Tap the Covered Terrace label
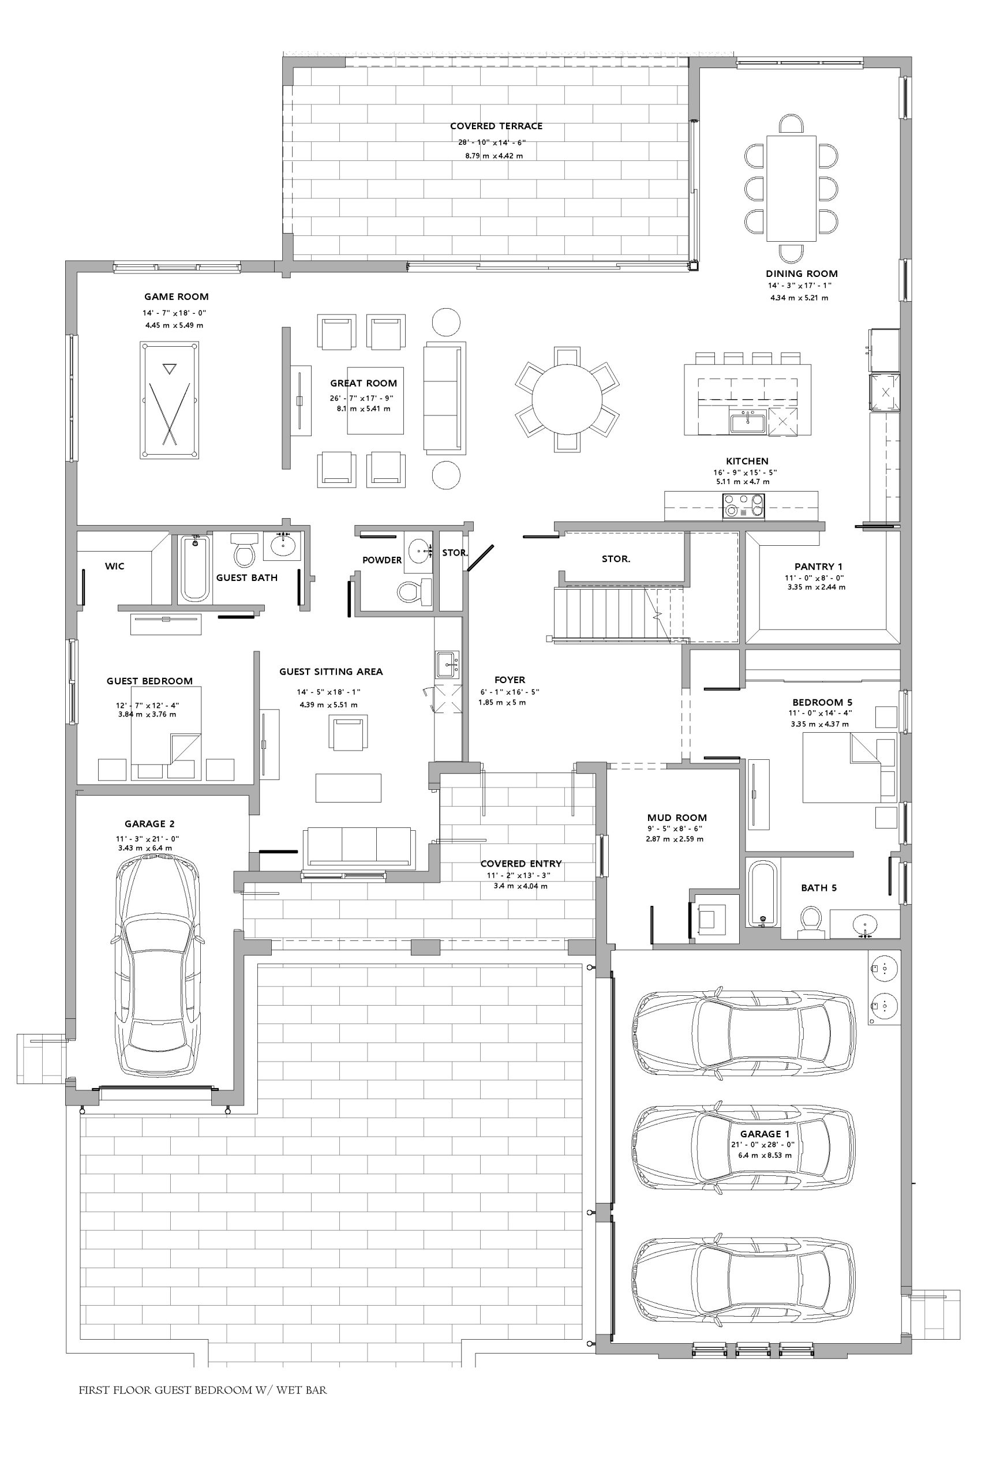click(496, 126)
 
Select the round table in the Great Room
click(567, 399)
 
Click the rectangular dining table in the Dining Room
click(791, 189)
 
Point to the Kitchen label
click(747, 461)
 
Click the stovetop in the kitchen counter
click(744, 505)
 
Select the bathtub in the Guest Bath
click(194, 568)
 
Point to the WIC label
click(114, 567)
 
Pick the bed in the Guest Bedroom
click(166, 733)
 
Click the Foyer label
click(510, 680)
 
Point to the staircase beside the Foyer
click(619, 614)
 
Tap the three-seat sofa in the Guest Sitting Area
click(359, 848)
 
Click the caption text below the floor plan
click(203, 1390)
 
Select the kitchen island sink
click(747, 422)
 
